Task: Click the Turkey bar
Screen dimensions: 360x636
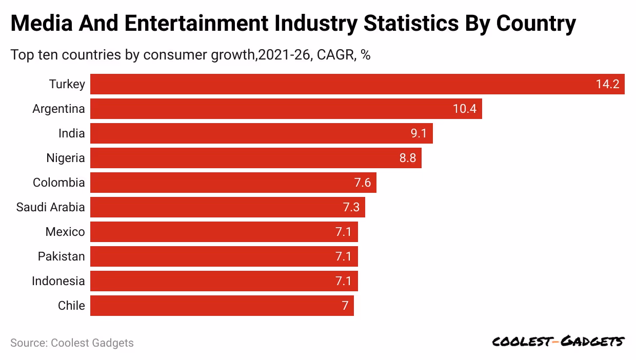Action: pos(357,84)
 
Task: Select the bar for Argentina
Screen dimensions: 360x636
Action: pos(286,109)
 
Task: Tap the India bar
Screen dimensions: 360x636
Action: pos(261,133)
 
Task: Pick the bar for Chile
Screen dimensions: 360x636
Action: pos(222,306)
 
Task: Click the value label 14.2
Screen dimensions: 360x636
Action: pos(607,84)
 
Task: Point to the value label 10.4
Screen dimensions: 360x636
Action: pos(465,109)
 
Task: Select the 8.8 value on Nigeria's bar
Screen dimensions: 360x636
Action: pos(408,158)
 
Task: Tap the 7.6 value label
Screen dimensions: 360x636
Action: pos(363,183)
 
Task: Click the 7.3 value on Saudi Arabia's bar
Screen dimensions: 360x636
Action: pos(351,207)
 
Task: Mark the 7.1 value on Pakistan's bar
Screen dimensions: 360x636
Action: pos(344,256)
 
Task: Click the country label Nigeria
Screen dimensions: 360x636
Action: pos(66,158)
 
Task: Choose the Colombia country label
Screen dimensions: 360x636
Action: pos(58,183)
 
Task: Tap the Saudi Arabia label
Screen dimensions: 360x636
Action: pos(50,207)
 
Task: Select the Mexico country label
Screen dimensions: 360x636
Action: pos(65,232)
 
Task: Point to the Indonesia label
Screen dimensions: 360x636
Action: pos(58,281)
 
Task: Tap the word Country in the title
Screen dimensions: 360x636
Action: pos(536,24)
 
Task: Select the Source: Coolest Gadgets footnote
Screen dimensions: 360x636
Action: pos(72,343)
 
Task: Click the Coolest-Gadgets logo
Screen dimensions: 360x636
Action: pos(558,342)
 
